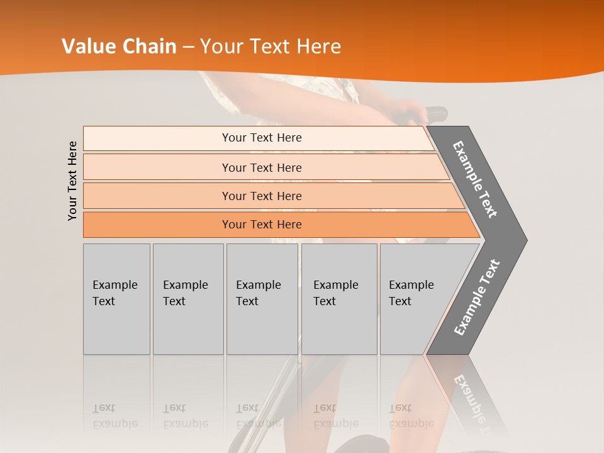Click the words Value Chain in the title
119,47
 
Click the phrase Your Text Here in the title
271,47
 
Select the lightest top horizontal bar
262,138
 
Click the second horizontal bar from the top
262,167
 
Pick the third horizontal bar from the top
262,196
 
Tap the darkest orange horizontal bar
262,225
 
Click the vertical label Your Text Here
72,181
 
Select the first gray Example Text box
116,299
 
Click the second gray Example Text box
187,299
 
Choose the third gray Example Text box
262,299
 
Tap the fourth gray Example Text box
338,299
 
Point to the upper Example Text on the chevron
475,179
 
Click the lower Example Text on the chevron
477,298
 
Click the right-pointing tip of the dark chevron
522,240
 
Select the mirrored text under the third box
258,416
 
